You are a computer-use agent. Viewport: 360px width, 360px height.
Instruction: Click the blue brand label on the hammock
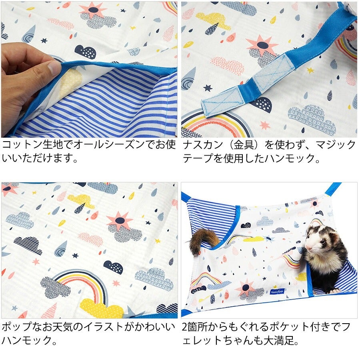click(x=277, y=291)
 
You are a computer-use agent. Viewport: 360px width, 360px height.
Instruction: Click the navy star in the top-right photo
click(x=208, y=88)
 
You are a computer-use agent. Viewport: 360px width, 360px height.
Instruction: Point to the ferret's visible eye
click(x=322, y=241)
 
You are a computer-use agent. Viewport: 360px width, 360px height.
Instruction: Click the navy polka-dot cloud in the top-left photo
click(x=86, y=51)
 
